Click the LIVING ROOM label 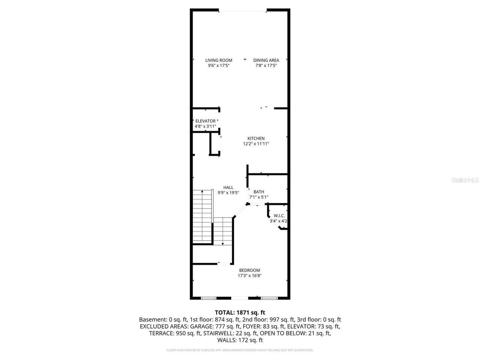click(219, 60)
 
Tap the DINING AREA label click(266, 60)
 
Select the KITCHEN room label click(256, 138)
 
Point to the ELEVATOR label click(205, 121)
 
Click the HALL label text click(228, 187)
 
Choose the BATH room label click(259, 192)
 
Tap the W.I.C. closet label click(279, 216)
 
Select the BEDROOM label click(249, 270)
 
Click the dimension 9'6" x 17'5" click(219, 65)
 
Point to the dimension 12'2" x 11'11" click(256, 144)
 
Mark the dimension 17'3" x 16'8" click(249, 276)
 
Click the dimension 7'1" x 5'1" click(259, 197)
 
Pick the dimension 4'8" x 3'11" click(205, 126)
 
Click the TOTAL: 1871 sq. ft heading click(240, 312)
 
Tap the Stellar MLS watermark click(465, 180)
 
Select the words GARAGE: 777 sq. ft click(205, 326)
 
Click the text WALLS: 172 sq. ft click(240, 340)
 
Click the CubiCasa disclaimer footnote click(240, 350)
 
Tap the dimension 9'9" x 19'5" click(228, 193)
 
